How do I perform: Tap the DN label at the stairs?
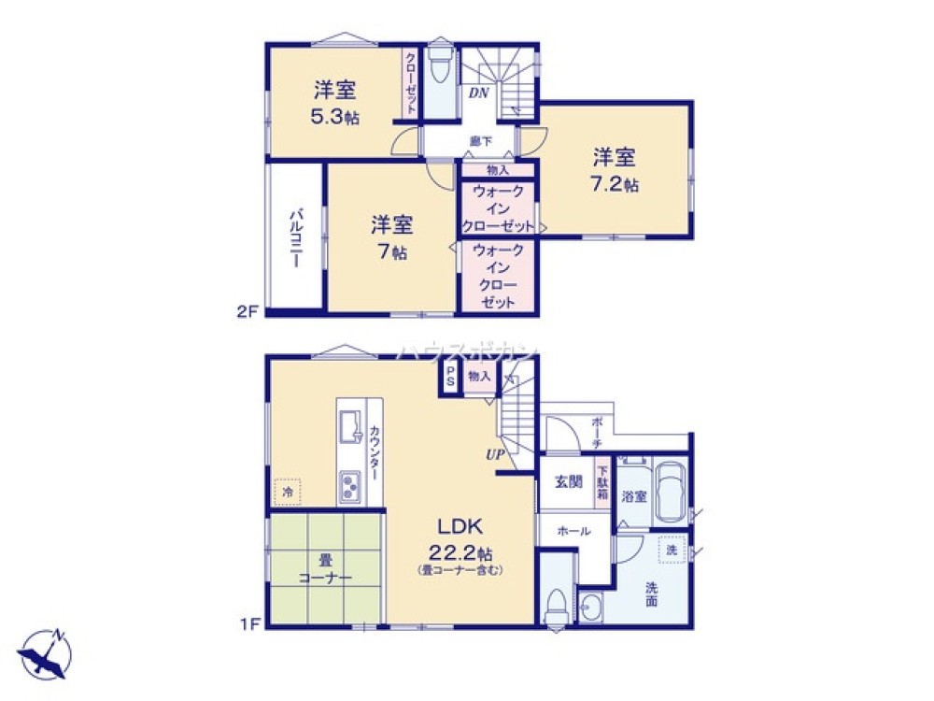tap(478, 93)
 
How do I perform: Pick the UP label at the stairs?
tap(493, 455)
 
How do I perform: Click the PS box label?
tap(450, 378)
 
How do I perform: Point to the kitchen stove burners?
tap(352, 485)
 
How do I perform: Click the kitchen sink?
tap(351, 426)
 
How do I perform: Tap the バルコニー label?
tap(294, 238)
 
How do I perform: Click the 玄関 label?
tap(569, 482)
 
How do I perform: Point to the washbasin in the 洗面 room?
tap(590, 610)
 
